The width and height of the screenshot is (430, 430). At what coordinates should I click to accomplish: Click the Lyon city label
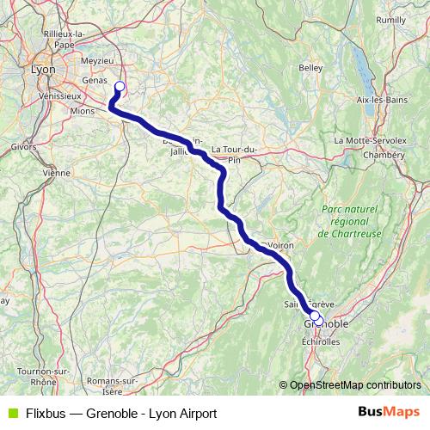coord(42,69)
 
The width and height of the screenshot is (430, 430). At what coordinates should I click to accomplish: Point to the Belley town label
coord(310,67)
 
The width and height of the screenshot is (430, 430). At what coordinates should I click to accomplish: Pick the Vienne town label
coord(55,172)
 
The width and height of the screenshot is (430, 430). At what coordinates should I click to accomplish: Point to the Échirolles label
coord(321,341)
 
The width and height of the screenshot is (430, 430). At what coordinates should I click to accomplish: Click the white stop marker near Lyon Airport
coord(120,86)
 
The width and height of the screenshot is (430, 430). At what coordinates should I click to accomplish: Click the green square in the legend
coord(11,413)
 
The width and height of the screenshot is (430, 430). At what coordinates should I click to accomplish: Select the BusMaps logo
coord(389,412)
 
